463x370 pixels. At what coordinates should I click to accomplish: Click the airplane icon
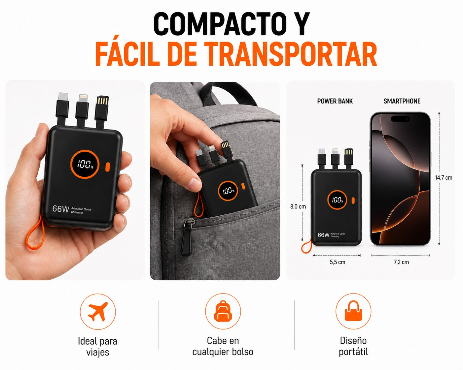[x=98, y=311]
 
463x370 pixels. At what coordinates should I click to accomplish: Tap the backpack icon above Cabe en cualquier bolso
[x=223, y=311]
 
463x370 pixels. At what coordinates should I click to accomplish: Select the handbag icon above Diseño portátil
[x=353, y=311]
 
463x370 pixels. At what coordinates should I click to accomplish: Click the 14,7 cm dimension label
[x=444, y=178]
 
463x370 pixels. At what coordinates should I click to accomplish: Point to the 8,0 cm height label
[x=298, y=206]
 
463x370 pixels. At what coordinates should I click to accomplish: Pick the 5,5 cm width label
[x=338, y=262]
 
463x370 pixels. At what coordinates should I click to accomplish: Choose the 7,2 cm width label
[x=401, y=262]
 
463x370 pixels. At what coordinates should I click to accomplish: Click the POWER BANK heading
[x=335, y=101]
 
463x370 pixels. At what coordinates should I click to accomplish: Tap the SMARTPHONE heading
[x=402, y=101]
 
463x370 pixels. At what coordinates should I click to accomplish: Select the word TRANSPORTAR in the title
[x=290, y=54]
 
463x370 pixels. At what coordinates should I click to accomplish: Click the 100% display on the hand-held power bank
[x=85, y=164]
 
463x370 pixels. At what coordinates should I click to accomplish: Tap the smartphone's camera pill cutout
[x=400, y=119]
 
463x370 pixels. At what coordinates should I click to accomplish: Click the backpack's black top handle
[x=228, y=95]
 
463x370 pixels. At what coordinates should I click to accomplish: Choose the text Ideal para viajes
[x=98, y=347]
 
